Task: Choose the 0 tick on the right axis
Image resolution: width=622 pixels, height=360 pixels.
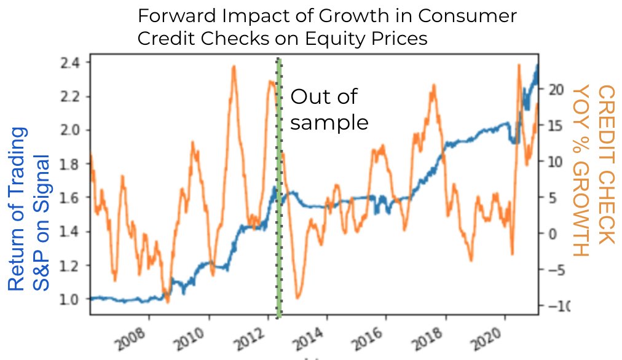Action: click(551, 233)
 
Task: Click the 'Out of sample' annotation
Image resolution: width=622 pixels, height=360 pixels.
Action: click(329, 109)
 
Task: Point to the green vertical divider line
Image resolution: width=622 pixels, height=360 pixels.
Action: click(279, 184)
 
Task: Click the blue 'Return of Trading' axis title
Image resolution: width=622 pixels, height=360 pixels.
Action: click(18, 209)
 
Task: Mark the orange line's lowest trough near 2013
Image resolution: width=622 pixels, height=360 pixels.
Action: click(297, 298)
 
